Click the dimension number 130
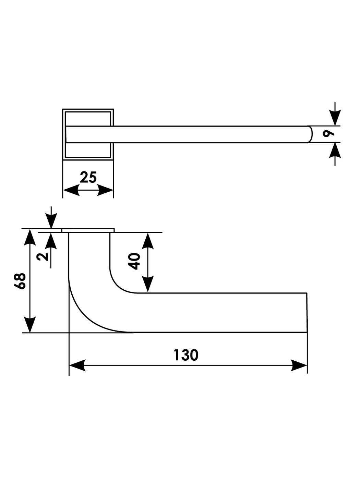pos(186,355)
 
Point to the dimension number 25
pos(88,178)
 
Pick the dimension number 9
pos(329,134)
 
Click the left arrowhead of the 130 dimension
pos(77,365)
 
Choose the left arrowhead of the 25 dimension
pos(71,190)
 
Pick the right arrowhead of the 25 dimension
pos(105,190)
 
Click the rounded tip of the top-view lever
pos(310,134)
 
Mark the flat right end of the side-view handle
pos(307,312)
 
